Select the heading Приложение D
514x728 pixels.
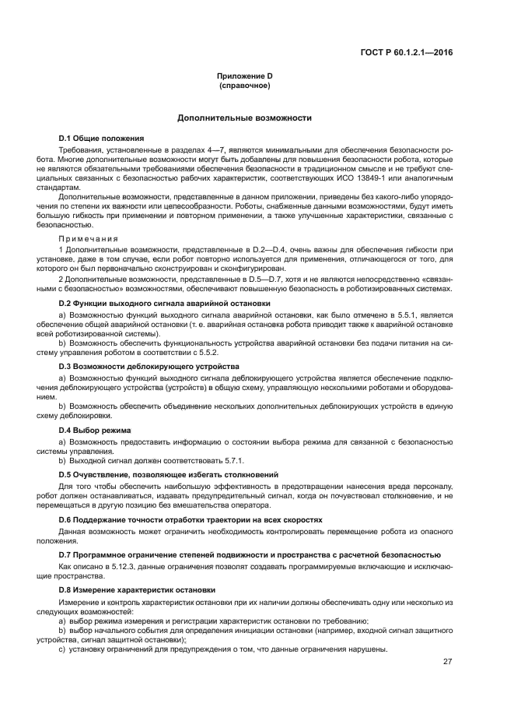click(244, 76)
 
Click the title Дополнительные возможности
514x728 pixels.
click(244, 118)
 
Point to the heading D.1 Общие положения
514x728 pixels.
click(102, 138)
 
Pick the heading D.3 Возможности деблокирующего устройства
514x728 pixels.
click(149, 366)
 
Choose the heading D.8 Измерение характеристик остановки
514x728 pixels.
click(138, 590)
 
